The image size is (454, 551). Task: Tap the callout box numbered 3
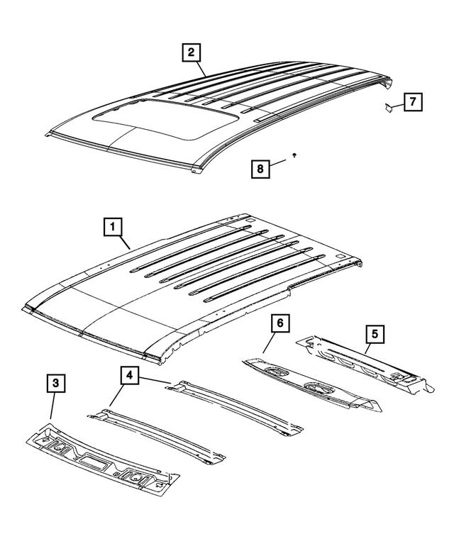(57, 384)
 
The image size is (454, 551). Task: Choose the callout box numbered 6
(280, 323)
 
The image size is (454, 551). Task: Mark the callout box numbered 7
(412, 102)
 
